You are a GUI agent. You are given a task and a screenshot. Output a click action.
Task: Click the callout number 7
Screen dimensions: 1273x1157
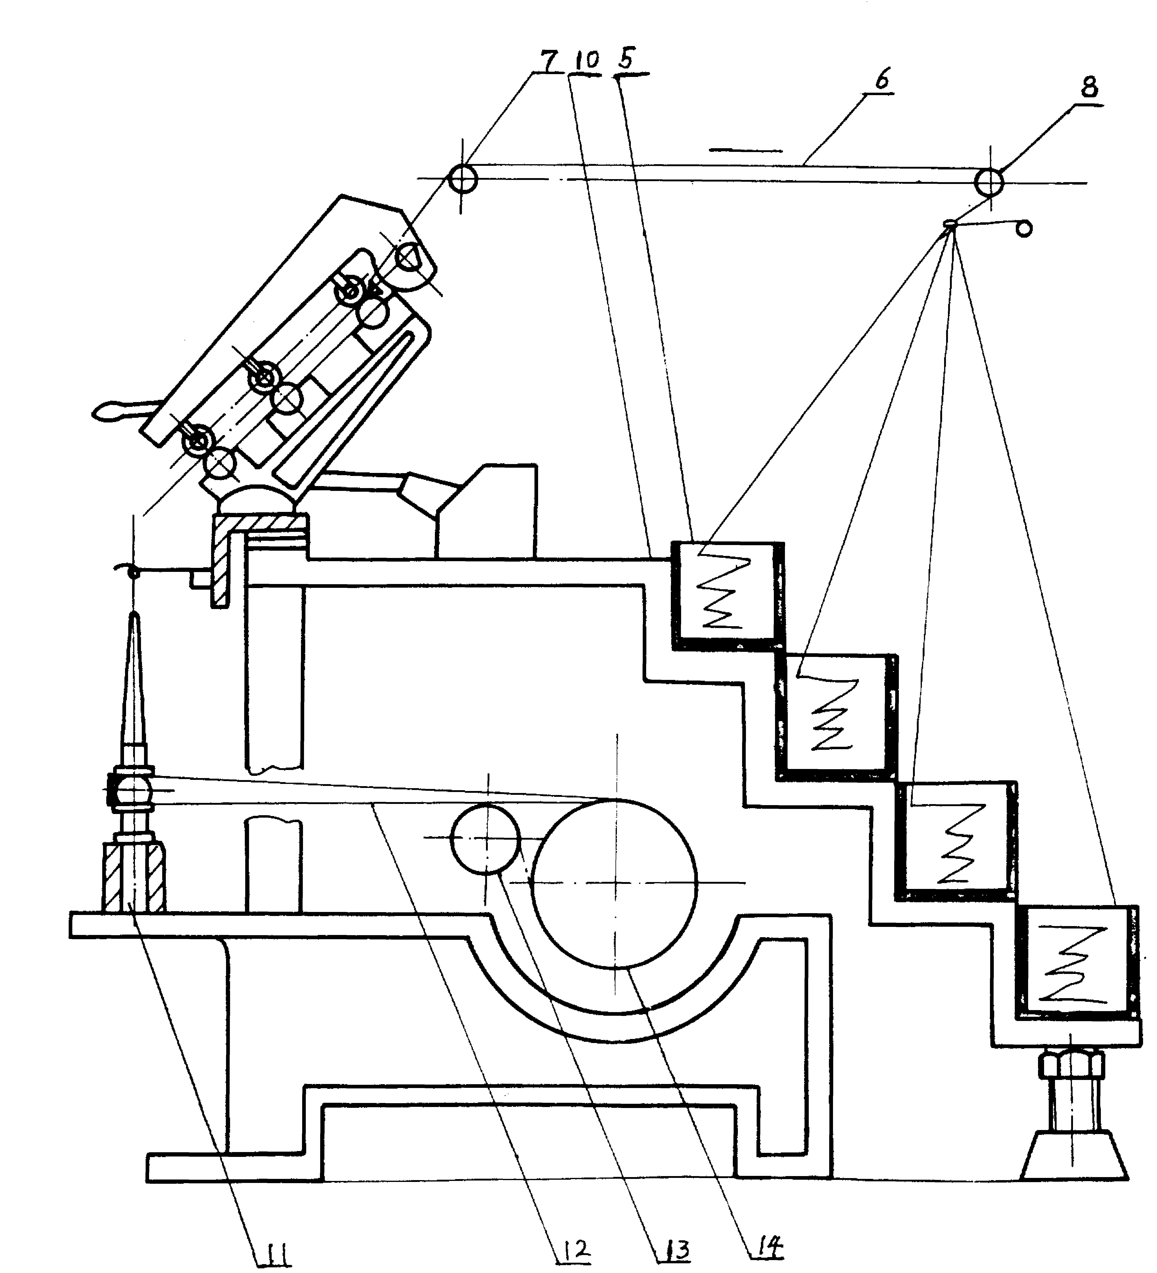[549, 61]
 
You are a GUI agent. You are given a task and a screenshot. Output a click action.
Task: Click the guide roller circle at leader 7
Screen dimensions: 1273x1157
[463, 179]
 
